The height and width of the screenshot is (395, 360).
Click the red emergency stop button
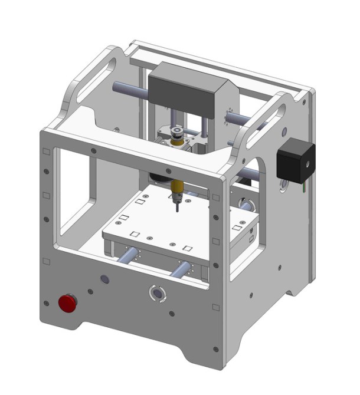67,304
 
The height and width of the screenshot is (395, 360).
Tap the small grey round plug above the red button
104,278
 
